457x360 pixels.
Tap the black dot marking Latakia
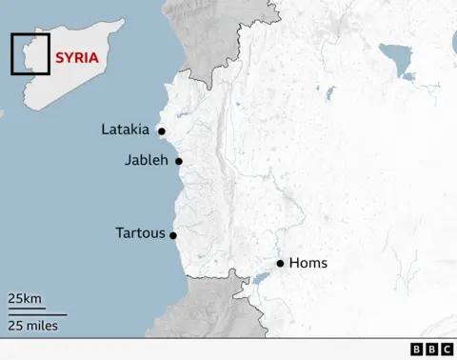coord(162,131)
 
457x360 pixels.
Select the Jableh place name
coord(146,160)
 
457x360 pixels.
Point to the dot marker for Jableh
coord(178,161)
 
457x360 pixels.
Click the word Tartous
coord(140,232)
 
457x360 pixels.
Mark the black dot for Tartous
coord(172,234)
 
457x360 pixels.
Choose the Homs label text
coord(308,263)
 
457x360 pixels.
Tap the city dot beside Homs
coord(280,263)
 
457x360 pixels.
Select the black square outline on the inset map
coord(30,53)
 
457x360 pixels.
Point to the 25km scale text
coord(26,299)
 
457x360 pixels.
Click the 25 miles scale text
coord(33,326)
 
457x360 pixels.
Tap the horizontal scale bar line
coord(38,312)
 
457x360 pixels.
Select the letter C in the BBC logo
coord(446,350)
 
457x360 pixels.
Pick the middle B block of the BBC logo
coord(431,350)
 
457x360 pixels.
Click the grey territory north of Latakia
coord(205,38)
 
